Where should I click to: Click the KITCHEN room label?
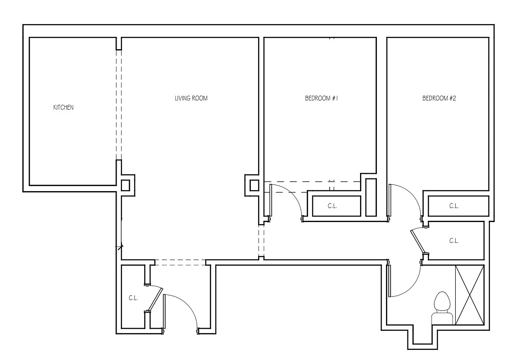point(63,108)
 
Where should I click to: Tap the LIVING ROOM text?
point(191,98)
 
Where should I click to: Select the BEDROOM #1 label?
point(321,98)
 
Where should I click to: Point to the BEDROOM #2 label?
point(439,98)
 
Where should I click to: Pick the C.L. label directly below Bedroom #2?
point(453,206)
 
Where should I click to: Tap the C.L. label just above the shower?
point(453,241)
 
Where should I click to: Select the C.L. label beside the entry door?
point(133,298)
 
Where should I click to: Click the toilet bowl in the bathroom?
point(442,301)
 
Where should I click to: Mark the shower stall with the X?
point(469,295)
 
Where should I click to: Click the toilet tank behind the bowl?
point(442,318)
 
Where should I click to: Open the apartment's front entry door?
point(182,309)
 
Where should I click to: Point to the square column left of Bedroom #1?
point(254,185)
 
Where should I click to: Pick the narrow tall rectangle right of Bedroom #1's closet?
point(371,197)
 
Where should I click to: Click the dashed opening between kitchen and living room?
point(119,105)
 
